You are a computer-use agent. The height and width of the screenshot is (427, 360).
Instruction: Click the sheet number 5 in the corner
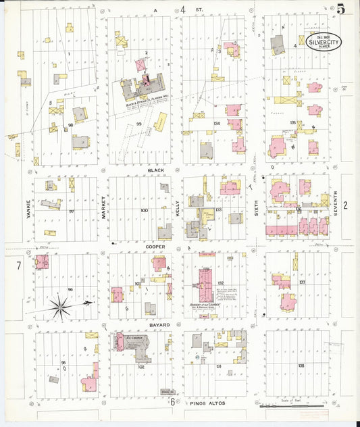click(x=342, y=9)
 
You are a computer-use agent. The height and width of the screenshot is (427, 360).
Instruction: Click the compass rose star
click(x=61, y=307)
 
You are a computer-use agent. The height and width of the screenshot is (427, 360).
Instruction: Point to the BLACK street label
click(x=157, y=171)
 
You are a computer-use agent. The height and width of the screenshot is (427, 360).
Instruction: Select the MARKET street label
click(x=103, y=207)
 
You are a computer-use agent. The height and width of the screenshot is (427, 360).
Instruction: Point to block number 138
click(x=301, y=365)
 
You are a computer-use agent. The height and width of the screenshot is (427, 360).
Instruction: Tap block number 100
click(x=144, y=210)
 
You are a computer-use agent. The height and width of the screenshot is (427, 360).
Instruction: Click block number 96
click(x=70, y=289)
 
